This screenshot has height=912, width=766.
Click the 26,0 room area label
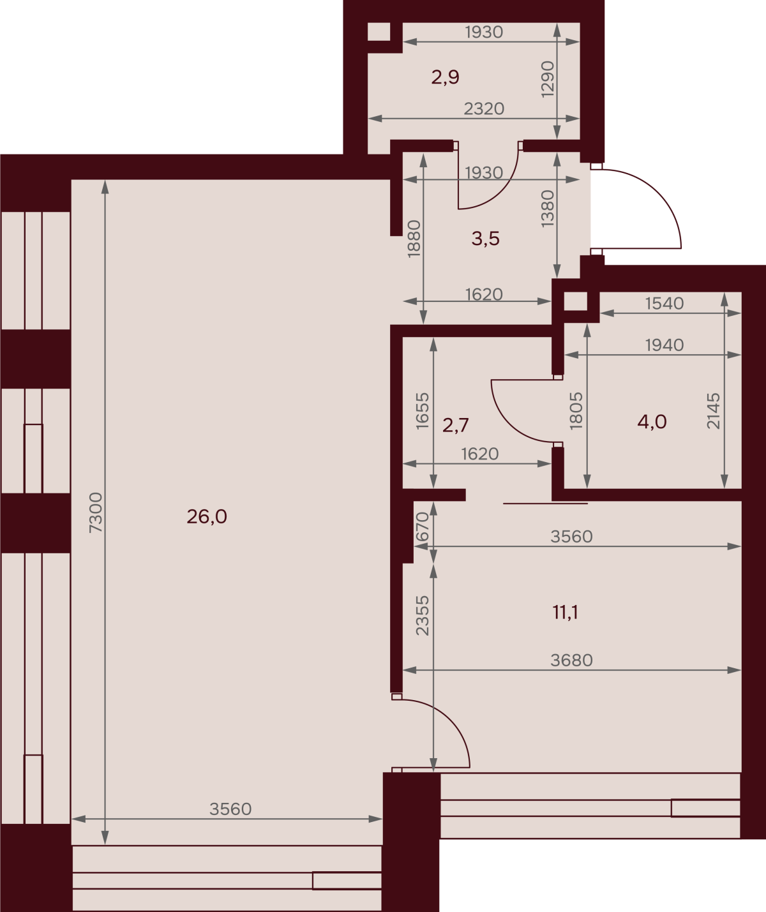pos(207,517)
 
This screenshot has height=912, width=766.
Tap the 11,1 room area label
pos(566,613)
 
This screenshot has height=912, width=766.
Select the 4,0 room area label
pos(652,422)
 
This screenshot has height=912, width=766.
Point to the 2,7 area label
pos(456,425)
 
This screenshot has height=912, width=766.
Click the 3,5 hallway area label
pos(486,239)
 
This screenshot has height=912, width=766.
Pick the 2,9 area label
pos(446,77)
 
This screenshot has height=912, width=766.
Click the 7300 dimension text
pos(96,512)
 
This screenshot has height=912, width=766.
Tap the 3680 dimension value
pos(571,661)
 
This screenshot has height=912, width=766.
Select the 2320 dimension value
pos(484,108)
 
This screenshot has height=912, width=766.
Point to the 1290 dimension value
pos(548,80)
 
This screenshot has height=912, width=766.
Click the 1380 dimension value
pos(548,209)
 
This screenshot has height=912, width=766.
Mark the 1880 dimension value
pos(414,239)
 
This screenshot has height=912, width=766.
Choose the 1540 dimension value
pos(665,304)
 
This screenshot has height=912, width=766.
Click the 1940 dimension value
pos(665,345)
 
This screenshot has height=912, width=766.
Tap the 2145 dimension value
pos(713,410)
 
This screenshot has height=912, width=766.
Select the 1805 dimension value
pos(576,410)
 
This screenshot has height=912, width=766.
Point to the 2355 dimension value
pos(423,616)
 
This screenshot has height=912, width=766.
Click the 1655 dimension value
pos(423,410)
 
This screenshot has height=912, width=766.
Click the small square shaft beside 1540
pos(576,301)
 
